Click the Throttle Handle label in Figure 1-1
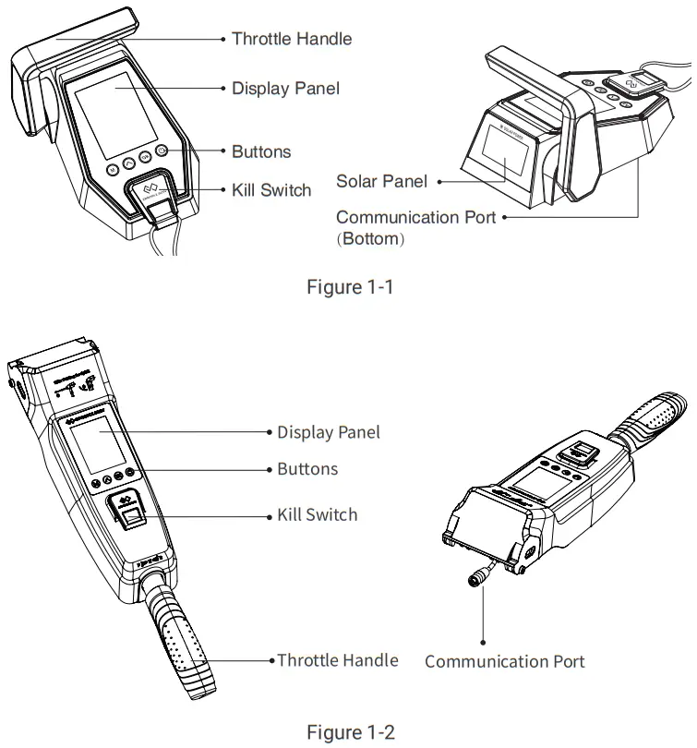click(x=291, y=39)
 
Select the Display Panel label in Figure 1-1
click(x=285, y=89)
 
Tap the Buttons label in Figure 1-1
click(x=261, y=151)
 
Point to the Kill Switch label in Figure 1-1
click(x=271, y=190)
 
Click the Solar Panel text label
click(x=381, y=182)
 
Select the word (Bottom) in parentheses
click(x=370, y=239)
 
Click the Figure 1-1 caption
click(x=350, y=287)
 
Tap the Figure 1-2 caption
click(x=350, y=732)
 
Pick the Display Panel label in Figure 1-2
click(x=329, y=432)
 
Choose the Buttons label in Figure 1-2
click(x=307, y=469)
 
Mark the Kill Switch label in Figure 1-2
click(x=317, y=514)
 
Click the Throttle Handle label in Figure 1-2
click(x=338, y=660)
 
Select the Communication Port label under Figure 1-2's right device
click(x=504, y=661)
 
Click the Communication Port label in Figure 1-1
click(x=415, y=218)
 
